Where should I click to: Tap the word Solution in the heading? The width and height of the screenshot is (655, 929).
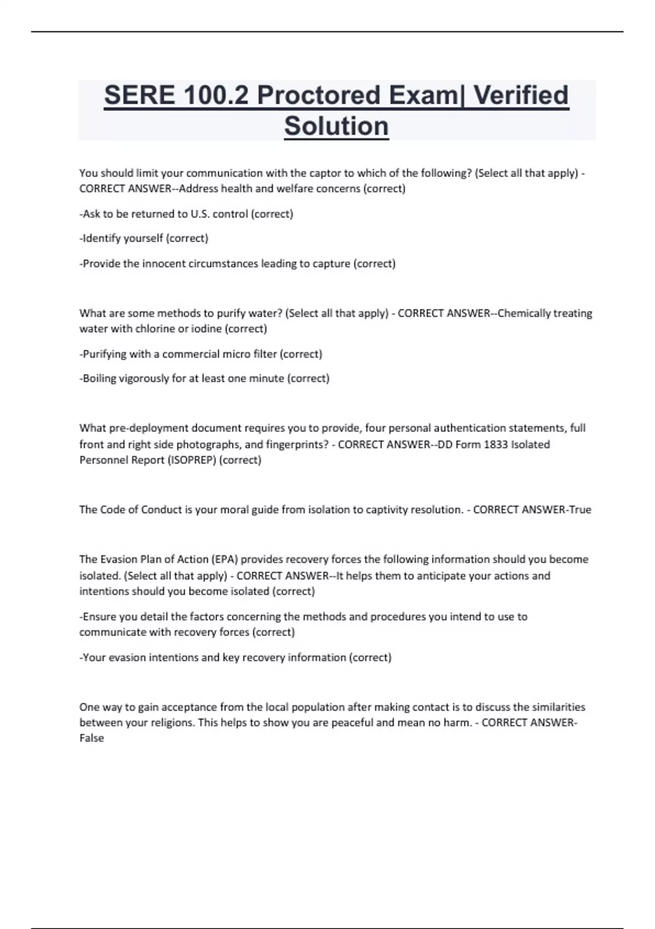coord(336,126)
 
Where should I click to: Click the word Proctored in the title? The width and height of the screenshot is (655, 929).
coord(319,96)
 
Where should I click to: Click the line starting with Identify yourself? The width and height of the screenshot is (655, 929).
coord(144,238)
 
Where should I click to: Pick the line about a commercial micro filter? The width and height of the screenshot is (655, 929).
coord(201,354)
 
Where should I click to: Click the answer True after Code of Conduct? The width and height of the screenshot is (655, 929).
coord(580,510)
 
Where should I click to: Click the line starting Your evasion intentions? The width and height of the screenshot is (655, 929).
coord(235,657)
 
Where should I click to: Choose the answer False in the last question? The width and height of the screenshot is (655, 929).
coord(91,738)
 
